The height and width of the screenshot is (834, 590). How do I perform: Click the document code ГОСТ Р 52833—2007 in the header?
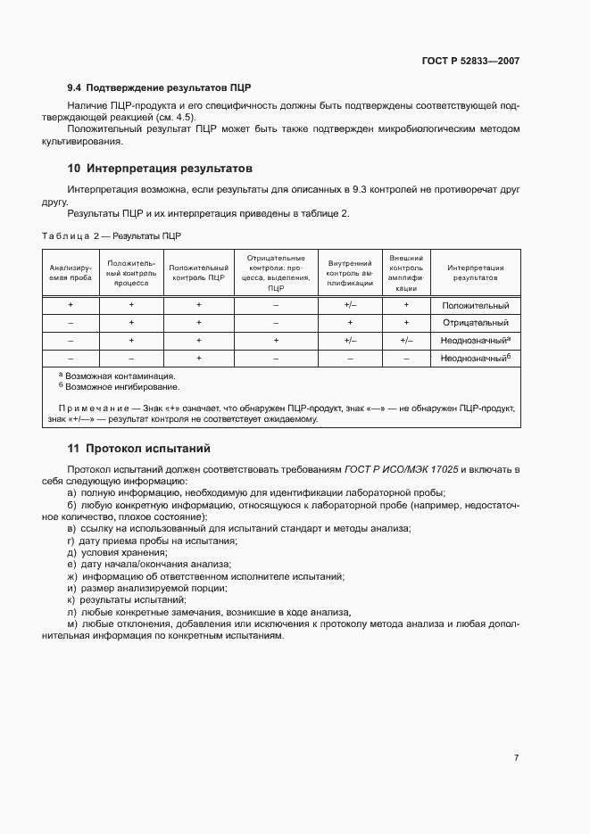tap(470, 61)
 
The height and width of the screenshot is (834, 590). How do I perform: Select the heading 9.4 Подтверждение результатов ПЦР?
tap(159, 87)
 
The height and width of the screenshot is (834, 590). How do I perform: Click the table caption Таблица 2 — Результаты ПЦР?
tap(112, 235)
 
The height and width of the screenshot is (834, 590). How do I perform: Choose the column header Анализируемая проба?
tap(70, 272)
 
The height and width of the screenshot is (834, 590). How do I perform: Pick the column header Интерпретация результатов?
tap(475, 272)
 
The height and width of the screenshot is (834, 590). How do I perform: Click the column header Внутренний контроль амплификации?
tap(350, 272)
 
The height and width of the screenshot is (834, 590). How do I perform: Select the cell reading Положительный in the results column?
tap(475, 305)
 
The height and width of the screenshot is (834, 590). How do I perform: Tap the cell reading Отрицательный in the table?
tap(475, 323)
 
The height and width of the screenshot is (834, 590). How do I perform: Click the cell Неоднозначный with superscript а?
tap(475, 340)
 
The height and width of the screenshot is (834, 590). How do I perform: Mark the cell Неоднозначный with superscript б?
tap(475, 358)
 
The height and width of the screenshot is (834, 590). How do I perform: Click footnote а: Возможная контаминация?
tap(116, 376)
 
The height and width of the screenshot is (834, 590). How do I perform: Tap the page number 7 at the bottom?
tap(516, 758)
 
